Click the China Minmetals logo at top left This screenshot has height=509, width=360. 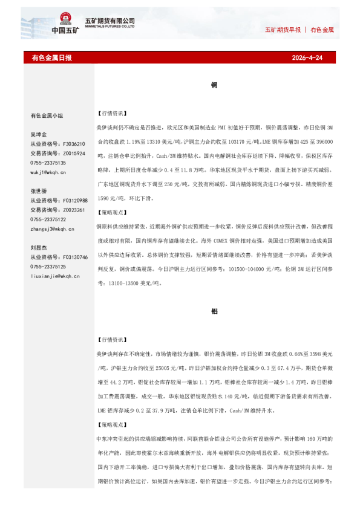(65, 24)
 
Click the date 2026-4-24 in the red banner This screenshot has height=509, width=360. (307, 58)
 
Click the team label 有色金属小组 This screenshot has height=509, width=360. (47, 115)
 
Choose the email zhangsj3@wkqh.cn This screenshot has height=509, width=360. (51, 229)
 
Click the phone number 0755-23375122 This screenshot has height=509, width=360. (48, 219)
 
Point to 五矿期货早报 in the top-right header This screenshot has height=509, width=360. (283, 30)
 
